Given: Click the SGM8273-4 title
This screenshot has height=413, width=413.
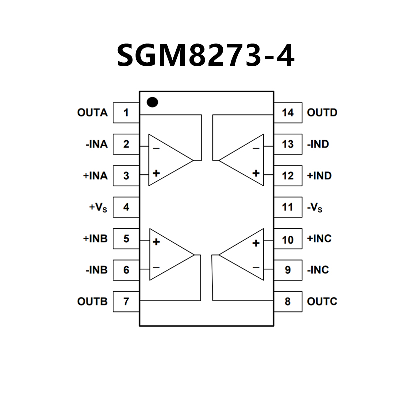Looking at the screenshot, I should (206, 55).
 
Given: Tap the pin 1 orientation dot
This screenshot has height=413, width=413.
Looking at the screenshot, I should (153, 102).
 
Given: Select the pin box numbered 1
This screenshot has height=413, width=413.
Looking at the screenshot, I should (126, 113).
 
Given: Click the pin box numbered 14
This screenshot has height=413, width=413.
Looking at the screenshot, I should (288, 113).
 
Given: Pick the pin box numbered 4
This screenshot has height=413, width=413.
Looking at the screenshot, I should (126, 207).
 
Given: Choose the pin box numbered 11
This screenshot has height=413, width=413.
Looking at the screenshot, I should (288, 207).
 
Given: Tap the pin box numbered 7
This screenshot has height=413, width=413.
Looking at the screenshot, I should (126, 302).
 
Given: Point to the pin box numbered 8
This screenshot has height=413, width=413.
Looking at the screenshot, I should (288, 302).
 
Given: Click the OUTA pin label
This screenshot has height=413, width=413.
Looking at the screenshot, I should (92, 113).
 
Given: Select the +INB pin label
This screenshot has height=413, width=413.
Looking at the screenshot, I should (95, 239).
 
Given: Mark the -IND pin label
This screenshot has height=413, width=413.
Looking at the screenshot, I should (319, 144).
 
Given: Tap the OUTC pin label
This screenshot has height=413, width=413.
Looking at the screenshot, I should (322, 302).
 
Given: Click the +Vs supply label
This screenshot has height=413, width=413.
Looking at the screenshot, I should (98, 207).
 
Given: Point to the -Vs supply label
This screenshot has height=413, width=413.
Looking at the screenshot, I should (315, 207).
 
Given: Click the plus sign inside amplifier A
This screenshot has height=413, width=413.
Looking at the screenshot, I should (156, 173).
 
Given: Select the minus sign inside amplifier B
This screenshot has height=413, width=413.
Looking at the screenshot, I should (156, 268).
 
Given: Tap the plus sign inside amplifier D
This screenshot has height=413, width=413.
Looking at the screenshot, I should (256, 173).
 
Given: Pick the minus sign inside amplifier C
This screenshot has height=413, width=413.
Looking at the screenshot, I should (256, 268).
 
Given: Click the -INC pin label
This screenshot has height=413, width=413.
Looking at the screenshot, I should (318, 270).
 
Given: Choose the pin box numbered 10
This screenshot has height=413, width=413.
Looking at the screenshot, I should (288, 239).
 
